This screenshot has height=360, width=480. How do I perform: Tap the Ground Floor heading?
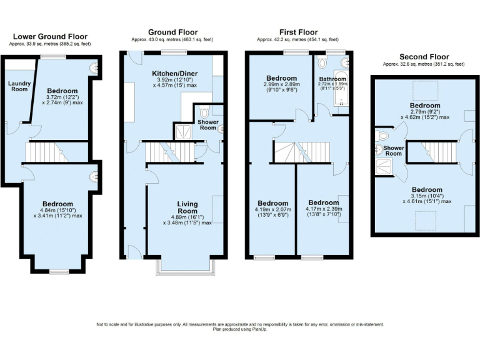click(172, 32)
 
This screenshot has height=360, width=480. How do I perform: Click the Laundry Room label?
click(19, 86)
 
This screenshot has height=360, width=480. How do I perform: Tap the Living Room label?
click(187, 207)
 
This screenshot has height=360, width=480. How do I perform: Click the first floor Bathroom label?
click(333, 79)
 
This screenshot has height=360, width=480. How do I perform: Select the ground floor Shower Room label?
click(208, 125)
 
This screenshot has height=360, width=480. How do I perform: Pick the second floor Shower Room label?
click(393, 151)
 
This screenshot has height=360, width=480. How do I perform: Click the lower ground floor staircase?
click(46, 151)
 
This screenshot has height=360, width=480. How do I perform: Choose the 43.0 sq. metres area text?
click(172, 39)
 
